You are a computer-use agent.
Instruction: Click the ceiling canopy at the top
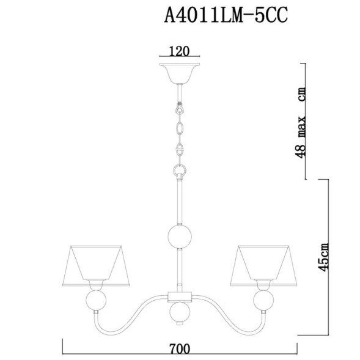(180, 70)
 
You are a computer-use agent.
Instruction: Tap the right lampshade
(264, 263)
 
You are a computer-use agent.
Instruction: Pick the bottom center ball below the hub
(180, 315)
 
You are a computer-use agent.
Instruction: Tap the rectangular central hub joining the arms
(180, 298)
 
